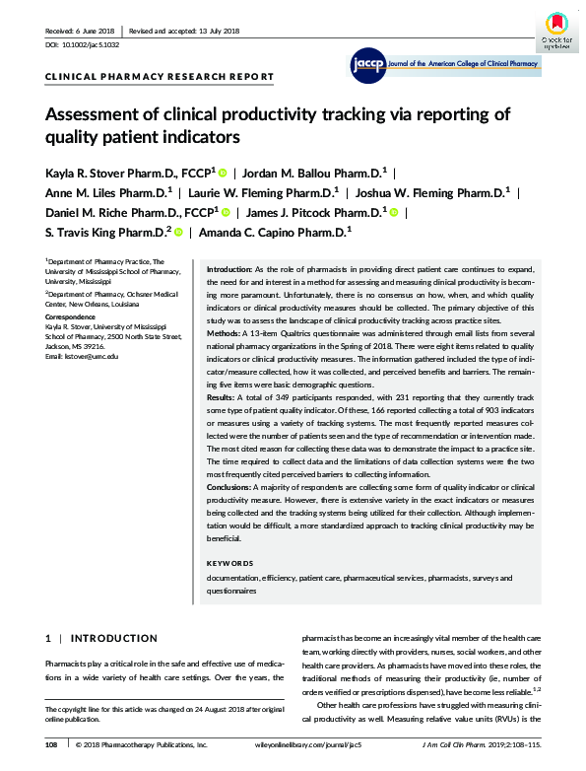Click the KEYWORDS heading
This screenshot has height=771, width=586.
coord(229,563)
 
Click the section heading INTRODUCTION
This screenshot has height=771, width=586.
coord(113,638)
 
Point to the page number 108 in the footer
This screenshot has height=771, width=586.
coord(53,744)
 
